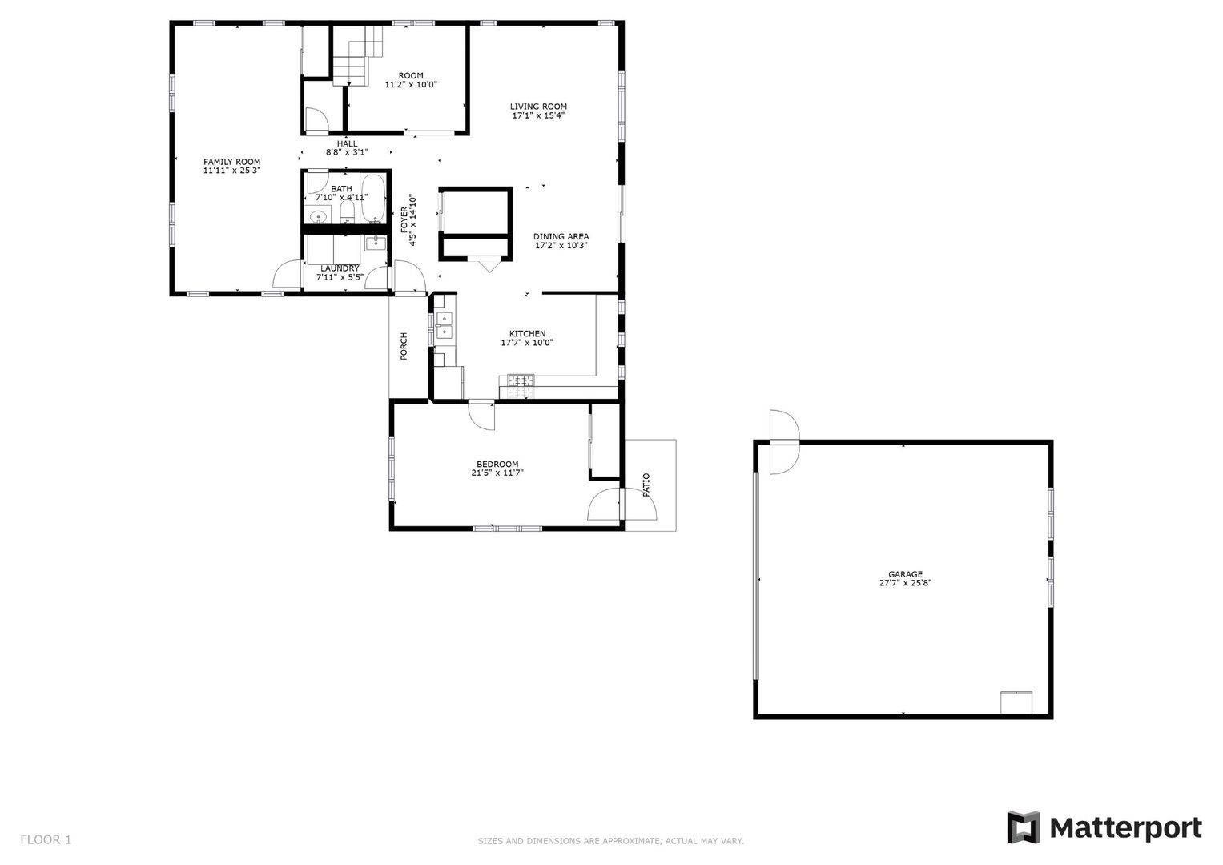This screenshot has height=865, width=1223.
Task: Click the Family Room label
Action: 232,162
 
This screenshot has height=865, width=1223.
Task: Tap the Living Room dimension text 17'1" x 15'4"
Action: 538,115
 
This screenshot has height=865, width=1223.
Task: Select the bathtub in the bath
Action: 373,199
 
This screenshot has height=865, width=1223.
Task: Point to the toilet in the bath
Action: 348,212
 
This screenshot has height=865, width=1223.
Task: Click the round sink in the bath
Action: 318,217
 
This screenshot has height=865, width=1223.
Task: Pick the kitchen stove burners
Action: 521,387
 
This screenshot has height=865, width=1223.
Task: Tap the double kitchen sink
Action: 444,325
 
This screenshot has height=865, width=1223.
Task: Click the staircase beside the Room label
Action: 358,54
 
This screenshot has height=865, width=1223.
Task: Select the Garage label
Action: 905,574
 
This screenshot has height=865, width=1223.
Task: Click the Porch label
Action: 404,346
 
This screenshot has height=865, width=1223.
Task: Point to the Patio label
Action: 646,485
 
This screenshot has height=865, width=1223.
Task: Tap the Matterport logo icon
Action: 1023,827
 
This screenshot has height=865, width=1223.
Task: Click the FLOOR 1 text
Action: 46,839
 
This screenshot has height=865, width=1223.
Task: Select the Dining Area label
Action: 561,236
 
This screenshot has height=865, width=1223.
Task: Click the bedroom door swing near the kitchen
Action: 481,417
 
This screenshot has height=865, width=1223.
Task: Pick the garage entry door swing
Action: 785,442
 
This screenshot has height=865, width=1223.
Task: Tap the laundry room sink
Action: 376,243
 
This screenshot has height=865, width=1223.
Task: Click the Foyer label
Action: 404,219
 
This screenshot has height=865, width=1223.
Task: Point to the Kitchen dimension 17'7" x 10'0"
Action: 527,343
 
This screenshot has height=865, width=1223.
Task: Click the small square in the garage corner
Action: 1016,703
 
